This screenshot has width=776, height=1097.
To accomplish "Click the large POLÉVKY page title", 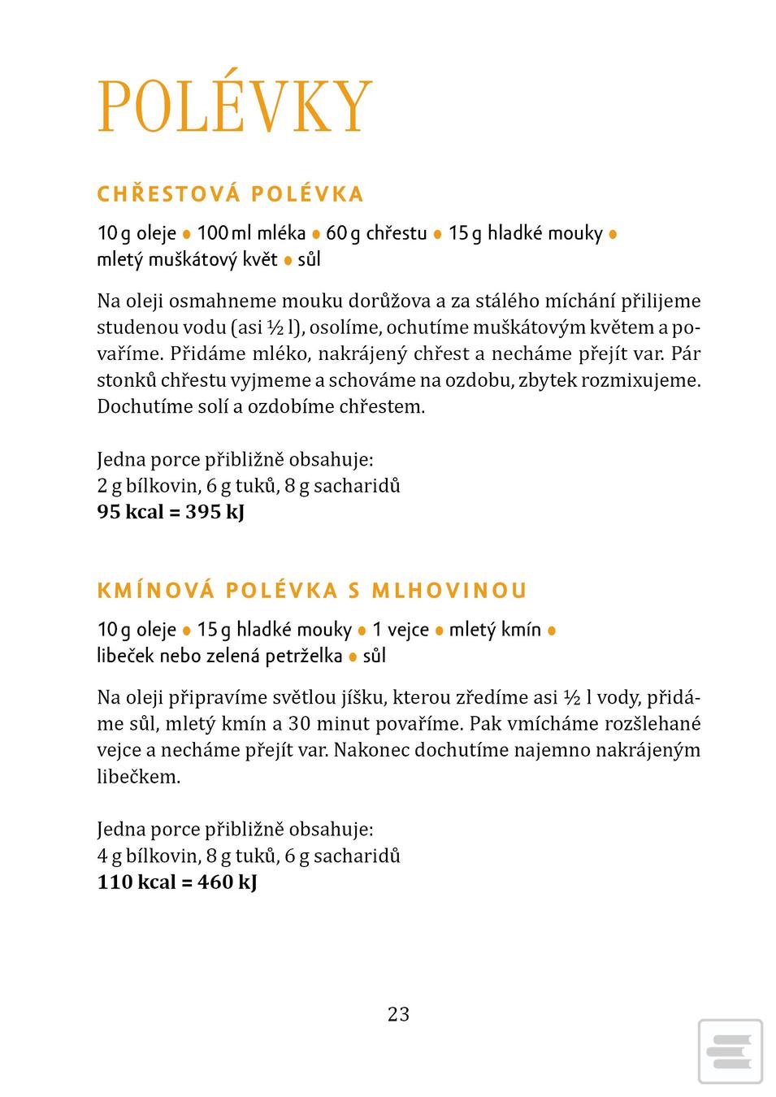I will click(234, 107).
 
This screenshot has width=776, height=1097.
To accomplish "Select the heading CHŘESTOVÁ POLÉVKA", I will click(230, 194).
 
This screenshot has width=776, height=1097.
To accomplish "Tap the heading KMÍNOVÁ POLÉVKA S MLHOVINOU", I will click(312, 590).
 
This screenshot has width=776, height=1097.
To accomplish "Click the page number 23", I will click(398, 1013).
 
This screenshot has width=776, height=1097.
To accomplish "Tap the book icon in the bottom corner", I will click(730, 1051).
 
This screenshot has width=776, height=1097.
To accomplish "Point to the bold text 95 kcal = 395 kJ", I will click(171, 512).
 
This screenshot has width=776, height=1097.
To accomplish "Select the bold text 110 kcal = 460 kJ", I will click(177, 882).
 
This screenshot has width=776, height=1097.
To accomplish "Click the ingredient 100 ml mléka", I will click(251, 233).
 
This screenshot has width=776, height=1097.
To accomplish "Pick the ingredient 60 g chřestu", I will click(376, 233).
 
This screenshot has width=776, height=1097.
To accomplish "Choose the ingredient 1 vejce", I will click(401, 630).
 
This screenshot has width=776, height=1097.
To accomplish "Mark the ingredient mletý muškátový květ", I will click(187, 259).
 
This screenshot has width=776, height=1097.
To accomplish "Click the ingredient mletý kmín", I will click(495, 630).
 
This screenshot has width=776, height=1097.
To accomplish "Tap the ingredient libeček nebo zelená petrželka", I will click(219, 656).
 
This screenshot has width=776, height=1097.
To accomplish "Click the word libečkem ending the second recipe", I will click(138, 776).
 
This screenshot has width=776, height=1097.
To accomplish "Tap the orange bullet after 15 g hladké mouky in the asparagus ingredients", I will click(613, 234).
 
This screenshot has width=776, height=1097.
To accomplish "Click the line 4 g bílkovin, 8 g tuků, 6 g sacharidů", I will click(249, 856).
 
